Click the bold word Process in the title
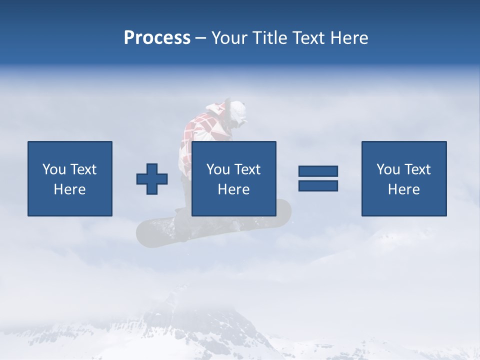tap(157, 38)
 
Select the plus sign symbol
tap(152, 179)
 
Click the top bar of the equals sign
tap(318, 171)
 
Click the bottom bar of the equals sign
tap(318, 185)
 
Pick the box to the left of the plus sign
tap(70, 178)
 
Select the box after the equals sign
tap(404, 178)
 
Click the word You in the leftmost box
tap(53, 169)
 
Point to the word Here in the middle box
tap(234, 189)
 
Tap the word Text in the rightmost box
tap(417, 169)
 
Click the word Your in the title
tap(229, 38)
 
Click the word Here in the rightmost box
tap(404, 189)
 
